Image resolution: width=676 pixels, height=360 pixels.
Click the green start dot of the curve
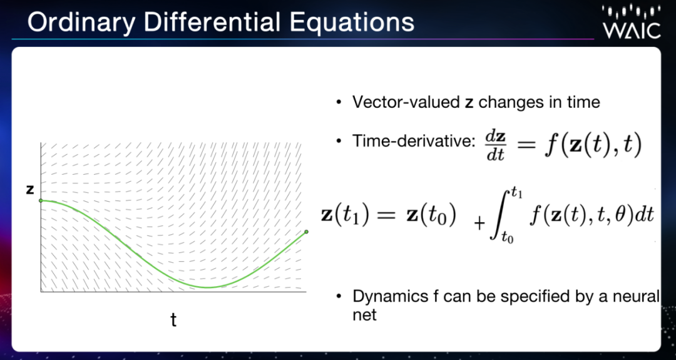click(41, 200)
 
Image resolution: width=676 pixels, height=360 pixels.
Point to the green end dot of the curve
click(306, 232)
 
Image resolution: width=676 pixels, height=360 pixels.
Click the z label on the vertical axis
click(30, 189)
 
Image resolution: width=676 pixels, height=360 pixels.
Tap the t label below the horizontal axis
click(173, 320)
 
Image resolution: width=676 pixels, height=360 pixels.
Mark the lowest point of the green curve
click(207, 287)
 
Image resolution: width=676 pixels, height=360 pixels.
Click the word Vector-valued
click(406, 103)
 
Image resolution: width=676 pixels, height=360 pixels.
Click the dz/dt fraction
click(495, 146)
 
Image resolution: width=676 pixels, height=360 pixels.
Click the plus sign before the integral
click(479, 224)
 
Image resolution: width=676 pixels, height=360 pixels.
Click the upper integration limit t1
click(517, 193)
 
